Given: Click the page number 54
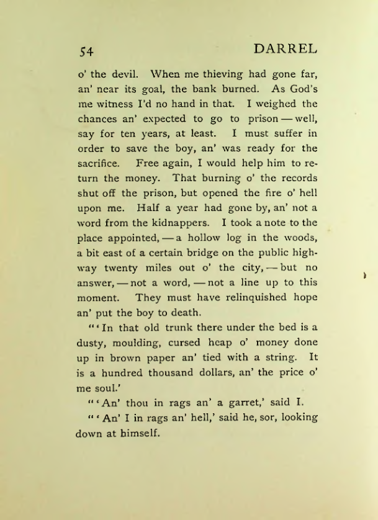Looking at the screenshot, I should point(86,50).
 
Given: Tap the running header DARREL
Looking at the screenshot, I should point(286,48).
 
